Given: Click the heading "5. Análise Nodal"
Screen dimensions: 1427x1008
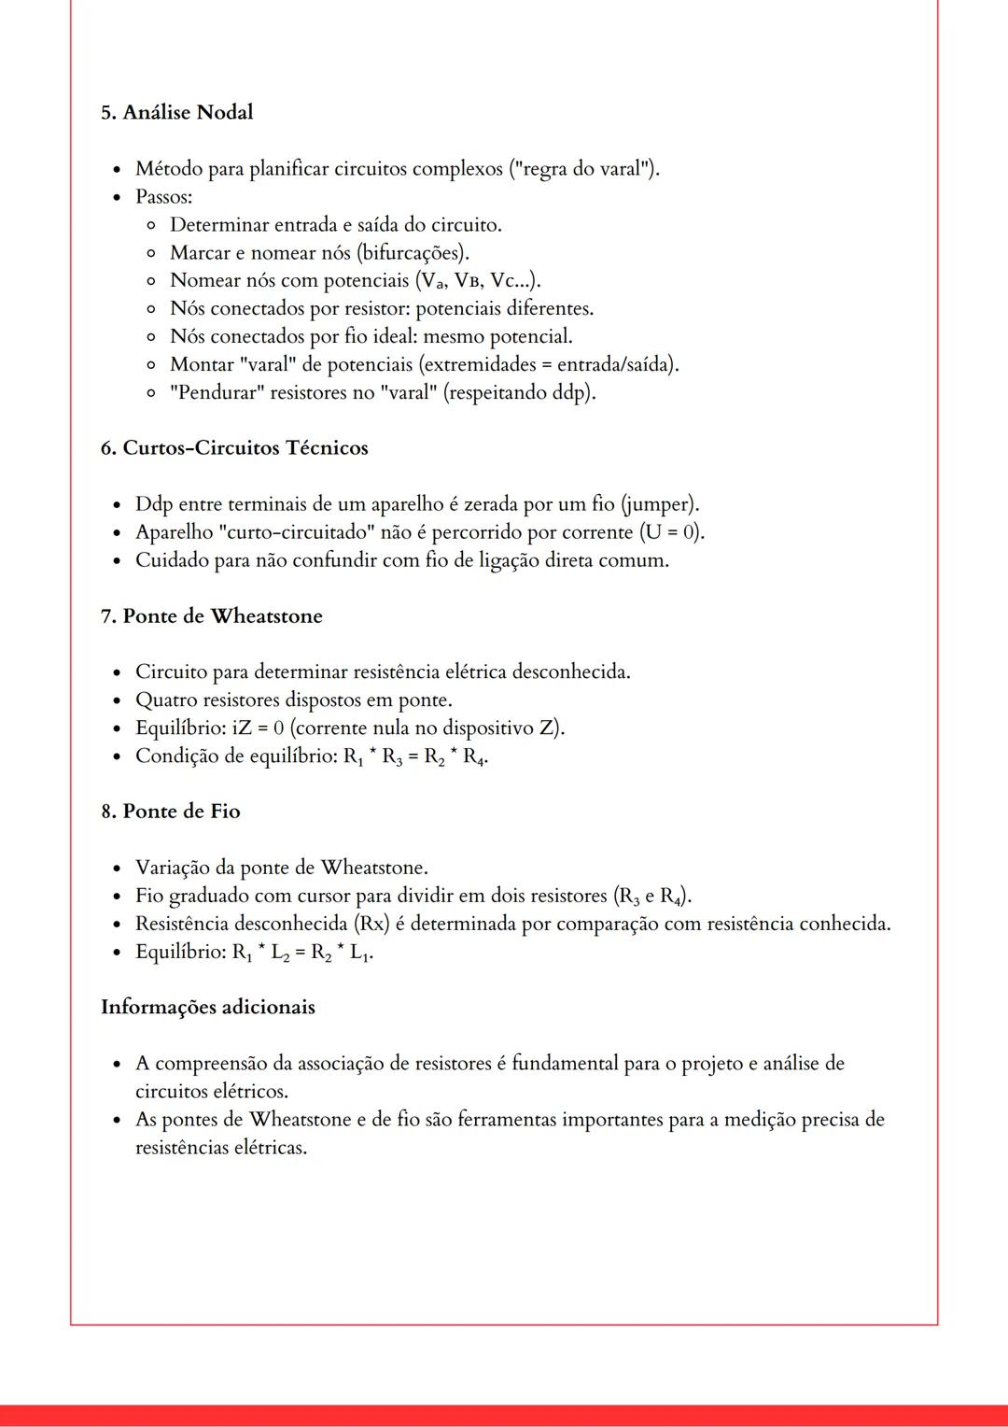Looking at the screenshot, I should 176,112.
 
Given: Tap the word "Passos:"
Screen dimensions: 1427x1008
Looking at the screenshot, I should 163,197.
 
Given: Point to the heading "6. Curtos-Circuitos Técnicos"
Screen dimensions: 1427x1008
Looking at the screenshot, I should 234,448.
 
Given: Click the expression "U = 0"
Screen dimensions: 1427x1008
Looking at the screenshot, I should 670,532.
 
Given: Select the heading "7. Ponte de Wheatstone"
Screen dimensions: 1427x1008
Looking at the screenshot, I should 211,616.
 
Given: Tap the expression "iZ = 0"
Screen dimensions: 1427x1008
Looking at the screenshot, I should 257,728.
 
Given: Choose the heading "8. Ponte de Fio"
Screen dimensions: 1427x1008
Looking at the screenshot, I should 171,812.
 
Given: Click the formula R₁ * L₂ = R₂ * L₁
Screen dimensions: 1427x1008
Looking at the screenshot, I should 302,953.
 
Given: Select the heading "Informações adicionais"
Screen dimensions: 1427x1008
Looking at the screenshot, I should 207,1008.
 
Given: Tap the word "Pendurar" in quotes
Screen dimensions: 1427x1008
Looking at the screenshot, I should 217,392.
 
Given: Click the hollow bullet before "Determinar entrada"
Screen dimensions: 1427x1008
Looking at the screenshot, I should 151,225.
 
